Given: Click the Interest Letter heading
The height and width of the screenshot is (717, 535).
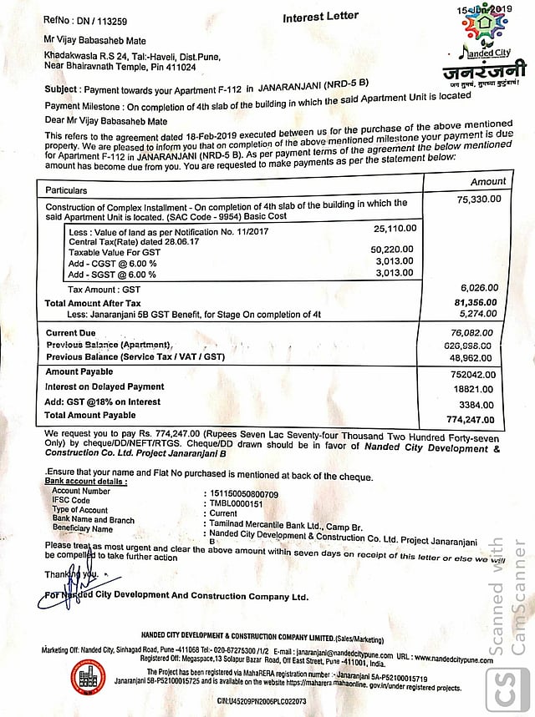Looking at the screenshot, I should click(321, 16).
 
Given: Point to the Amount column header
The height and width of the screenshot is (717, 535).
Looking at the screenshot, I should click(488, 180).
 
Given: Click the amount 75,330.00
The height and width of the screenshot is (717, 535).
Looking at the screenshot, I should click(479, 199).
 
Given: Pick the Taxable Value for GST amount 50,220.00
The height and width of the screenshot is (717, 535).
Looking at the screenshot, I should click(393, 250).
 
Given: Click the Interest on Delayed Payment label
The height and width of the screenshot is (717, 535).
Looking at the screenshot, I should click(104, 387).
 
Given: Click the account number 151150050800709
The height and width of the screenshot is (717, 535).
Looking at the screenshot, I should click(244, 493).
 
